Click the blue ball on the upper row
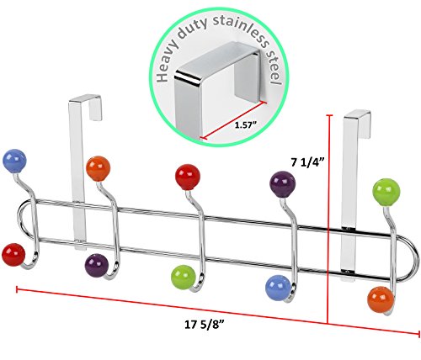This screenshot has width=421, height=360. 14,161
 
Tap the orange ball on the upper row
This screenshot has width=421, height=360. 98,168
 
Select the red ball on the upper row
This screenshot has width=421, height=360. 188,177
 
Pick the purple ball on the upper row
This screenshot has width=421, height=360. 283,184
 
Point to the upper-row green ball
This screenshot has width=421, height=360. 386,192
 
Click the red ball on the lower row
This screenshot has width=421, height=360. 13,255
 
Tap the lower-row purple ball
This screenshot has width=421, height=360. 97,266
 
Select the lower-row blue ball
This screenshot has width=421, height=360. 278,288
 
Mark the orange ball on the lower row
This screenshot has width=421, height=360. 381,299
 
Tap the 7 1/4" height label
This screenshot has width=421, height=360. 307,162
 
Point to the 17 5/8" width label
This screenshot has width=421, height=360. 205,325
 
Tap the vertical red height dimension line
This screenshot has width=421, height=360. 328,219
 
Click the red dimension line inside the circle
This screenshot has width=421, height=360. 233,119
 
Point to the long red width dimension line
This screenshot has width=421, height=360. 218,311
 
